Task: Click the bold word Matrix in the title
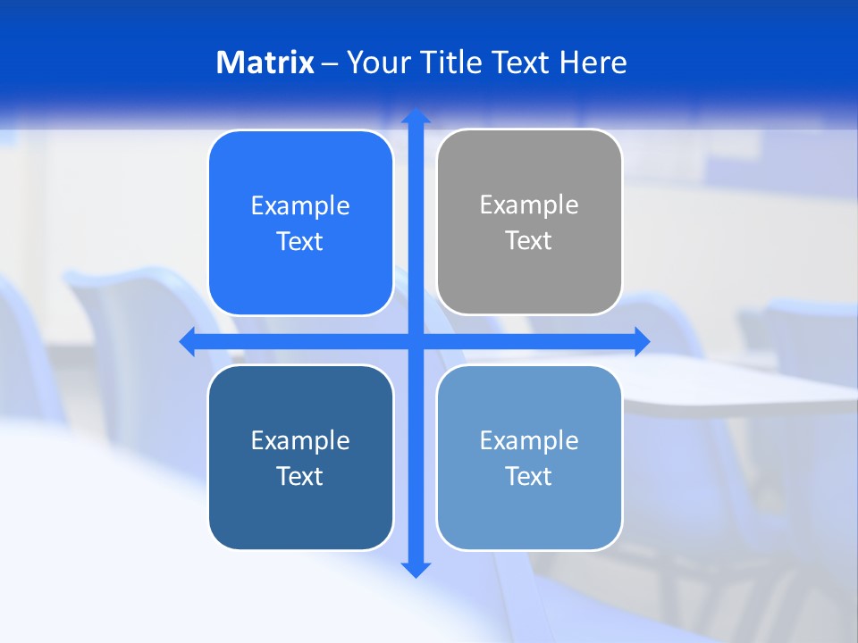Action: tap(265, 63)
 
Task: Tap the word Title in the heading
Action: tap(450, 63)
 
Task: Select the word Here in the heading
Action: tap(593, 63)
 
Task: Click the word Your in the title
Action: tap(378, 63)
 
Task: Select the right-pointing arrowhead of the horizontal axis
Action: tap(641, 341)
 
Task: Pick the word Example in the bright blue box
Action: tap(300, 205)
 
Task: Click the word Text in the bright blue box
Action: tap(300, 241)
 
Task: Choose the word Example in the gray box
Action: tap(529, 205)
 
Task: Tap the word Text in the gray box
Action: tap(529, 240)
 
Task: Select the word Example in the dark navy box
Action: tap(300, 440)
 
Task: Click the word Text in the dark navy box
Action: tap(300, 476)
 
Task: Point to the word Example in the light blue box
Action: tap(529, 440)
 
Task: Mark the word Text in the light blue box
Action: tap(529, 476)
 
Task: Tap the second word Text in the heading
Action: tap(520, 63)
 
